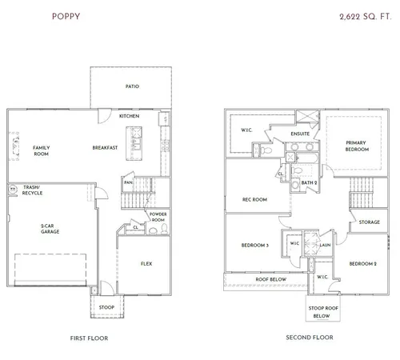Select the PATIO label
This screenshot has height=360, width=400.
point(131,86)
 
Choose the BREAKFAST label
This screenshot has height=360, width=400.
point(105,147)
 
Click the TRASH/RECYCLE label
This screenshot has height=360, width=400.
point(33,191)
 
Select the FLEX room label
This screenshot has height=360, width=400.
point(146,264)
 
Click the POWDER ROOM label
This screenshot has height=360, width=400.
point(157,216)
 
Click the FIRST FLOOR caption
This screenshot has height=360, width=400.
point(90,338)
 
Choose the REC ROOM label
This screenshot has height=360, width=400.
point(254,199)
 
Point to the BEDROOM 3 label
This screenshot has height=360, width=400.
point(254,245)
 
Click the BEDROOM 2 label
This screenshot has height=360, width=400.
point(363,263)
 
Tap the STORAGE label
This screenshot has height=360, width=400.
point(370,222)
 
